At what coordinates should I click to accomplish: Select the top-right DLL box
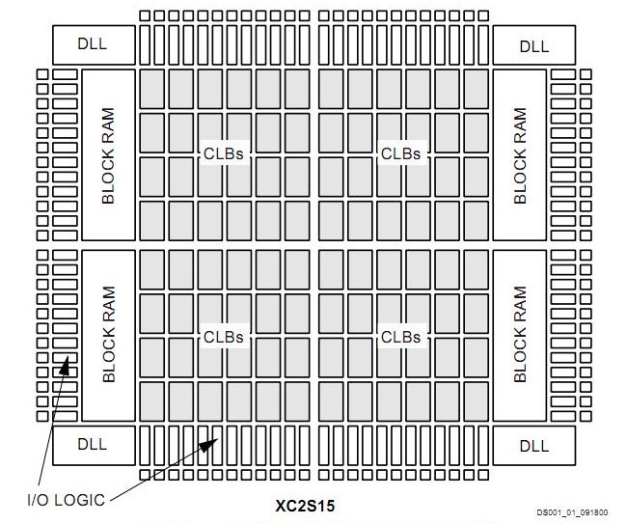[x=533, y=44]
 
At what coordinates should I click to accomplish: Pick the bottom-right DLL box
[x=533, y=445]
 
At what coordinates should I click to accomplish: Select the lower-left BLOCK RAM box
[x=108, y=334]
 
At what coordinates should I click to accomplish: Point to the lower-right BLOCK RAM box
[x=521, y=334]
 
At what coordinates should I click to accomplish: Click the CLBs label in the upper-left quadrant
[x=224, y=154]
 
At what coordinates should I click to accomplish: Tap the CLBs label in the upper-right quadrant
[x=400, y=154]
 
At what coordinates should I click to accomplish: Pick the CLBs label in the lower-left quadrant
[x=224, y=337]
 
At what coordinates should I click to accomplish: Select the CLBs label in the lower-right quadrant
[x=400, y=337]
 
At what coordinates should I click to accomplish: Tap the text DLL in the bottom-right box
[x=533, y=445]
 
